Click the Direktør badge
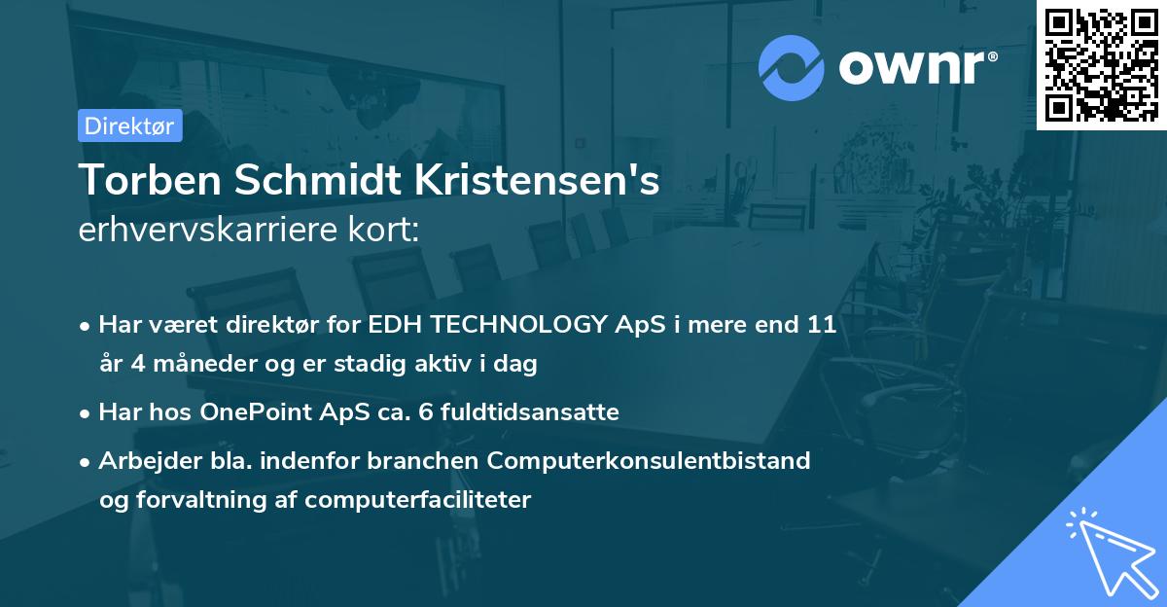tap(129, 125)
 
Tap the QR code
tap(1101, 64)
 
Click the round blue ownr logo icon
tap(791, 67)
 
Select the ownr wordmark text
tap(917, 67)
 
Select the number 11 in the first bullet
tap(822, 325)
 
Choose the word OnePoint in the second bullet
tap(260, 412)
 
